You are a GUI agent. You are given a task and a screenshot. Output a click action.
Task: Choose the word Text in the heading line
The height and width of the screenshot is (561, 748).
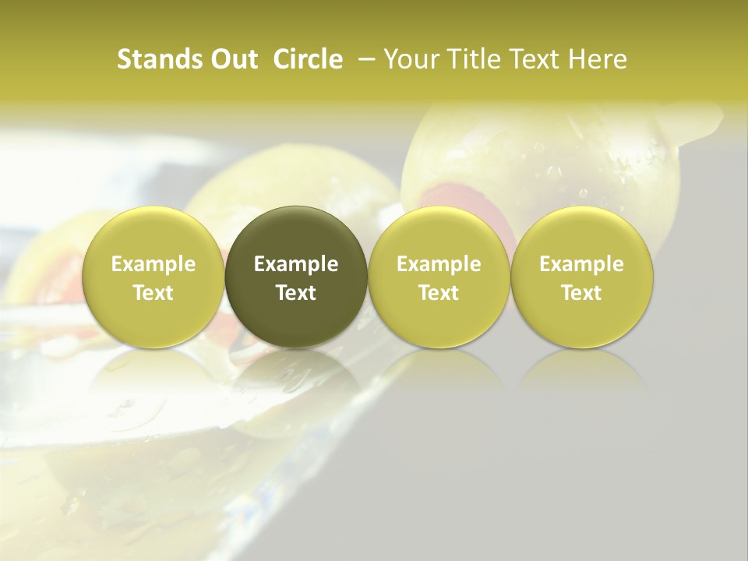click(x=535, y=59)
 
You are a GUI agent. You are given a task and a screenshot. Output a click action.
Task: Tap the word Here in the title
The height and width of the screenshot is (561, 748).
click(x=598, y=59)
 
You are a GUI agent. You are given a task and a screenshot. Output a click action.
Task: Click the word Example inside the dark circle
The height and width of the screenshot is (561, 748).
click(x=296, y=264)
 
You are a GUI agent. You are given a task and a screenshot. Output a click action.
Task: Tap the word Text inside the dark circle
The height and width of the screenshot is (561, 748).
click(x=296, y=293)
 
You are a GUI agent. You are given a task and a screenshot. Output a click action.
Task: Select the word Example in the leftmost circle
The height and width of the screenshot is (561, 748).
click(x=153, y=264)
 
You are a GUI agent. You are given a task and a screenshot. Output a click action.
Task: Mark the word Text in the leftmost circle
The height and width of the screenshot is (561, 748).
click(x=153, y=293)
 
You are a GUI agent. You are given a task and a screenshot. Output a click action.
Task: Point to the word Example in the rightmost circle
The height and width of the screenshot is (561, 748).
click(x=582, y=264)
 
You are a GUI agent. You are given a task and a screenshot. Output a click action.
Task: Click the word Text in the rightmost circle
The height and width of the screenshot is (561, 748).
click(x=582, y=293)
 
